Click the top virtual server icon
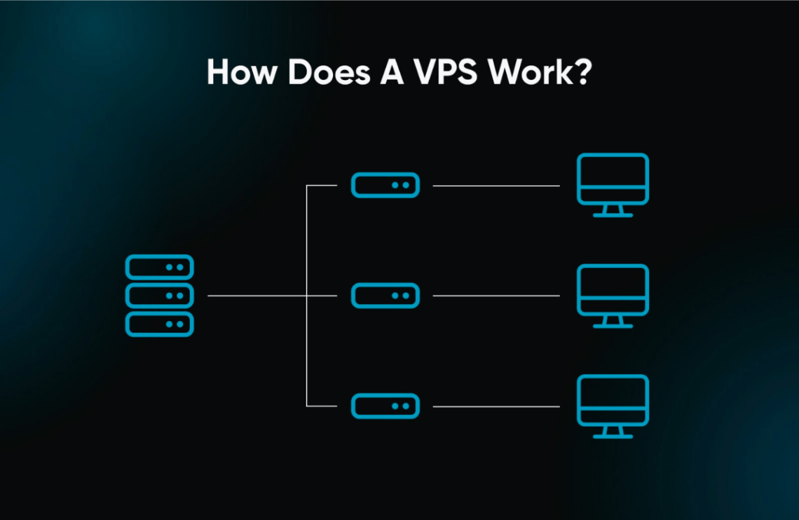click(x=385, y=185)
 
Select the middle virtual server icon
click(x=385, y=295)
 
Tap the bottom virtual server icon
click(x=385, y=406)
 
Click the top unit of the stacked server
click(x=159, y=267)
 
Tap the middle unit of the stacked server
click(x=159, y=295)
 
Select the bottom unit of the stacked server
click(x=159, y=323)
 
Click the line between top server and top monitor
click(x=496, y=186)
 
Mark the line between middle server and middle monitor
click(x=496, y=296)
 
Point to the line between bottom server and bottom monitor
click(x=496, y=406)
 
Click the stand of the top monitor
click(x=613, y=211)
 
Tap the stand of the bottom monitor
click(x=613, y=432)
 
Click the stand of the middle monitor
click(x=613, y=322)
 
